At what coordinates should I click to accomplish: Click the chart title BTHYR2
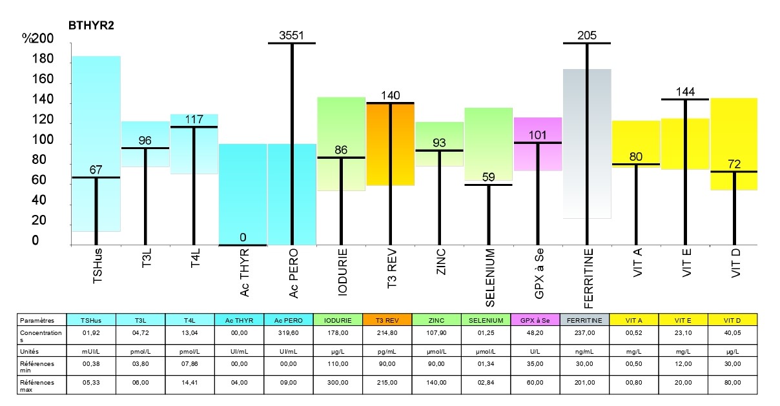(91, 25)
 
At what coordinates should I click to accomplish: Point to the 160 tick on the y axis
(43, 79)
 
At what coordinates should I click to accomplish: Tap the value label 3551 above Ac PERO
(291, 35)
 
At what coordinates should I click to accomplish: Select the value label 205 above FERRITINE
(587, 35)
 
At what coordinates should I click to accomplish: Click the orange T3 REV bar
(391, 144)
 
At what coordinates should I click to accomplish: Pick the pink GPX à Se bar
(538, 144)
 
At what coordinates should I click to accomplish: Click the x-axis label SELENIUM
(490, 278)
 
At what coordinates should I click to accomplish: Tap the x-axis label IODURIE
(343, 272)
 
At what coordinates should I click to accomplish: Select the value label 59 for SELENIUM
(489, 178)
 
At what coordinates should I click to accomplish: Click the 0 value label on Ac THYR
(243, 238)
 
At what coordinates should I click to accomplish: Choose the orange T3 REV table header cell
(387, 320)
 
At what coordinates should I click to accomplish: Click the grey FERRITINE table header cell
(584, 320)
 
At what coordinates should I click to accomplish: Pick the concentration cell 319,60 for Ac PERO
(289, 333)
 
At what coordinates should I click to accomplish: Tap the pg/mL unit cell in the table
(387, 352)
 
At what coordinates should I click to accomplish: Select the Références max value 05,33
(91, 382)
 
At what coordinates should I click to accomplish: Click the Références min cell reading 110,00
(338, 364)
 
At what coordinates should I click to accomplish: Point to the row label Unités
(29, 352)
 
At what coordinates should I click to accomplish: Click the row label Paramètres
(37, 320)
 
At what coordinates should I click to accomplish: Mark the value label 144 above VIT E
(685, 92)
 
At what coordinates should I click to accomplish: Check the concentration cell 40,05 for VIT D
(732, 333)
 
